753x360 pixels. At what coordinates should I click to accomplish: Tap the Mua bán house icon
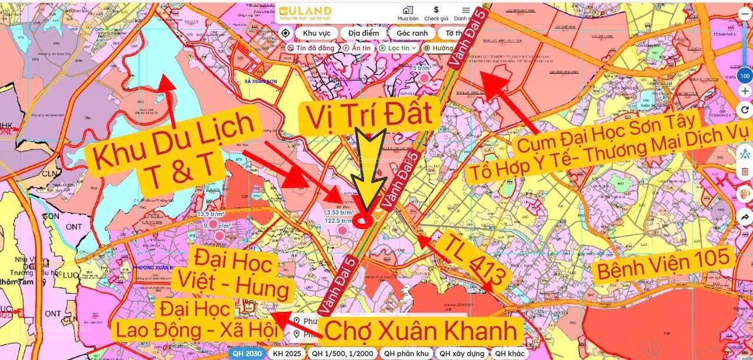[408, 11]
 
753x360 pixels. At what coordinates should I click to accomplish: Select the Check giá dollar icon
[436, 10]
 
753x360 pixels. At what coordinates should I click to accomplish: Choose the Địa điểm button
[363, 33]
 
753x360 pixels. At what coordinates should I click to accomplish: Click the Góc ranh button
[411, 33]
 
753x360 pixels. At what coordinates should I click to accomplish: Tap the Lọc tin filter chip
[398, 48]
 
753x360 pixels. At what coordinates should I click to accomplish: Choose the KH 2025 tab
[286, 354]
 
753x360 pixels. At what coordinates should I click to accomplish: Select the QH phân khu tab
[406, 354]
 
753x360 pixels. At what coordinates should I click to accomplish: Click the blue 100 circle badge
[745, 76]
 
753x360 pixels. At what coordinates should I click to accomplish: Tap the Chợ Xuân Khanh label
[421, 331]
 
